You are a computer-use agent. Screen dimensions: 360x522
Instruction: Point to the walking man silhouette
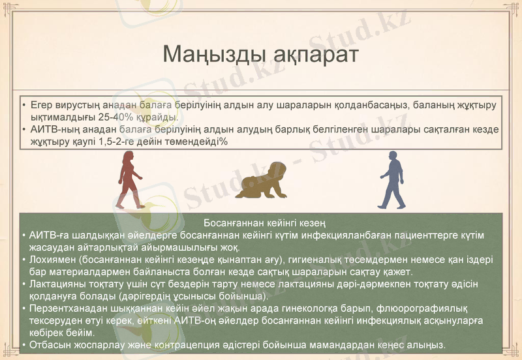pos(392,179)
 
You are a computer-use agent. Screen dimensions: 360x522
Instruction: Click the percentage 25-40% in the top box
pos(114,117)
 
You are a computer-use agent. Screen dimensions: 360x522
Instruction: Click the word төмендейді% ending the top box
pos(195,142)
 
